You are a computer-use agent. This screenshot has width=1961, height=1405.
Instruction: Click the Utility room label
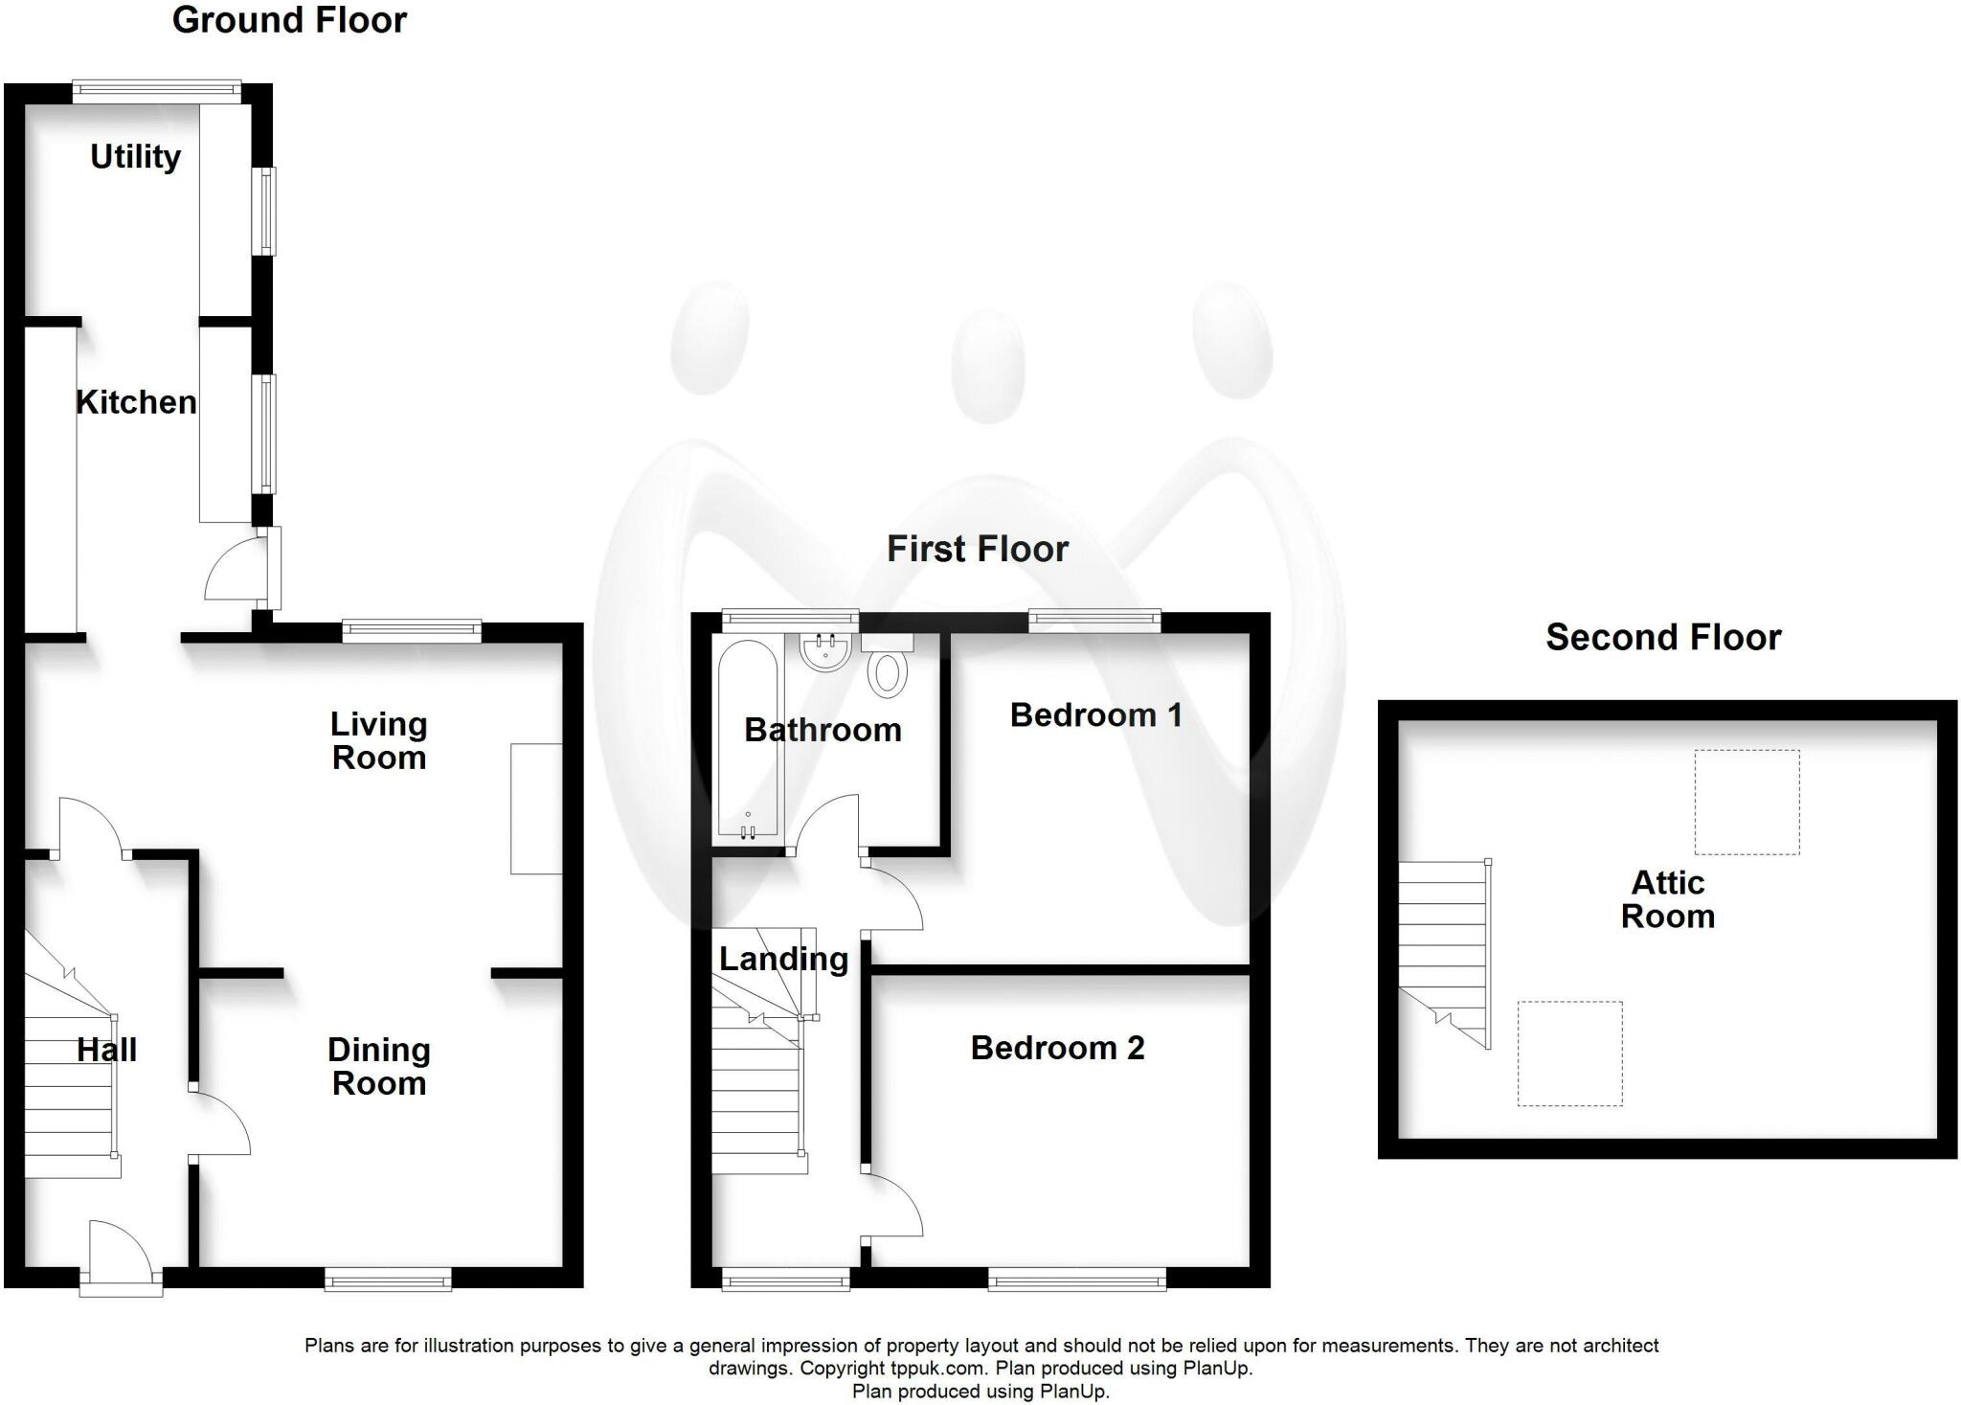point(135,157)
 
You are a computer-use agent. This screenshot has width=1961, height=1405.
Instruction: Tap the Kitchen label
point(136,402)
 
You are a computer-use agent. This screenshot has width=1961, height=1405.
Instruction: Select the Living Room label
point(379,740)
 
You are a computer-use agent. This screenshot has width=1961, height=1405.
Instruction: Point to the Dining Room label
point(379,1066)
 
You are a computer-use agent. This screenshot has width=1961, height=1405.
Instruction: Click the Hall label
point(106,1050)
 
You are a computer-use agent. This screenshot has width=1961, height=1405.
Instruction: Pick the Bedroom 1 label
point(1095,714)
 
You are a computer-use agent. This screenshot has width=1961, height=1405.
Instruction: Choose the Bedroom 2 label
point(1057,1048)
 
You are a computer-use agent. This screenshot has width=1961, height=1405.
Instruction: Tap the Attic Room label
point(1667,899)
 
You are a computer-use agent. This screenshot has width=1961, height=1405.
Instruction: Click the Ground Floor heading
point(289,20)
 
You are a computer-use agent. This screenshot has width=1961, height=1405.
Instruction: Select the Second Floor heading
point(1663,637)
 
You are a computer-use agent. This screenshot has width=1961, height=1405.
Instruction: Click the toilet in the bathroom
point(888,665)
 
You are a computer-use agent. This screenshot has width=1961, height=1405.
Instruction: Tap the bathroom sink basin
point(825,652)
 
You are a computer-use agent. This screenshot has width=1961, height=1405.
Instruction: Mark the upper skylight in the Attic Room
point(1747,802)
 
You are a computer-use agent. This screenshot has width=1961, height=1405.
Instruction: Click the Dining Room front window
point(388,1279)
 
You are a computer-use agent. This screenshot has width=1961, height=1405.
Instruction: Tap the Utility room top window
point(157,90)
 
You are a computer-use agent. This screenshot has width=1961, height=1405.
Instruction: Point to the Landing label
point(783,959)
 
